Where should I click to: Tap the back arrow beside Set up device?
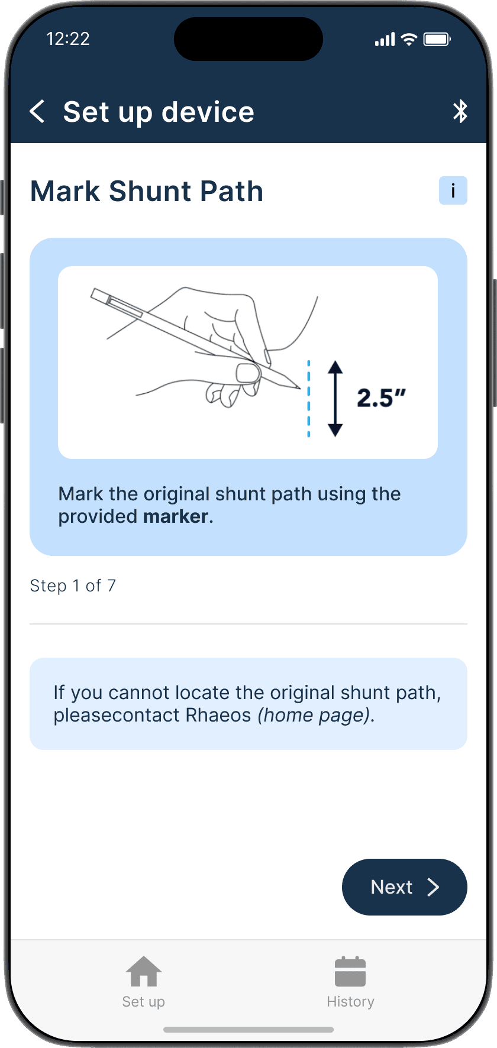pos(37,111)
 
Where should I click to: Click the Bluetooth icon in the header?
pos(460,111)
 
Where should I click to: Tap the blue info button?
pos(453,190)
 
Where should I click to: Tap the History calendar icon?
pos(350,972)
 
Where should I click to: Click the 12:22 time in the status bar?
pos(68,39)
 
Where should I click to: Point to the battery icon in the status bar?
pos(437,40)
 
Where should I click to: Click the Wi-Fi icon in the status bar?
pos(409,40)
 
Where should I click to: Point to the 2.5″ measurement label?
pos(381,398)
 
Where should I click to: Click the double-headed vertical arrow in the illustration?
pos(335,399)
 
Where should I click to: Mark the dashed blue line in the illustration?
pos(308,399)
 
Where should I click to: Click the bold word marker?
pos(176,516)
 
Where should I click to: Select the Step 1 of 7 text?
pos(73,586)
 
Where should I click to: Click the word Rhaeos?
pos(218,715)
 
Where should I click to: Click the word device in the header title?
pos(208,112)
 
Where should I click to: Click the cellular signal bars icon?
pos(385,40)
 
